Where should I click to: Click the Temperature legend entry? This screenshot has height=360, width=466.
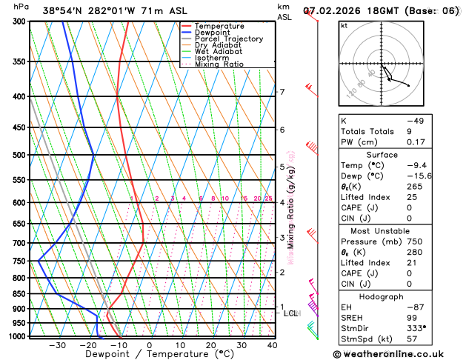tap(219, 26)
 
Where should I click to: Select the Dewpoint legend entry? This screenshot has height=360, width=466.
tap(213, 33)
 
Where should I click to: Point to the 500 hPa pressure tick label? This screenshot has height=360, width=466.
tap(19, 155)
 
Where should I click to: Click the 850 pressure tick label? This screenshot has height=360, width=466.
tap(19, 294)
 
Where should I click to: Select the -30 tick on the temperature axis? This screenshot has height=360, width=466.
tap(58, 345)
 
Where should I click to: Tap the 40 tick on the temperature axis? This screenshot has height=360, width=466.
tap(273, 345)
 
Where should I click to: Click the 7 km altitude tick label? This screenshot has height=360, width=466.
tap(282, 92)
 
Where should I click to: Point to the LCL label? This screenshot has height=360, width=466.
tap(291, 313)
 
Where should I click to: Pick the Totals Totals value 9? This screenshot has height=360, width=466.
tap(409, 130)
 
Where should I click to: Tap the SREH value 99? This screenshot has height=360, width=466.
tap(411, 317)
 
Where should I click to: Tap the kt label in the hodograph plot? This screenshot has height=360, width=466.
tap(344, 25)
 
